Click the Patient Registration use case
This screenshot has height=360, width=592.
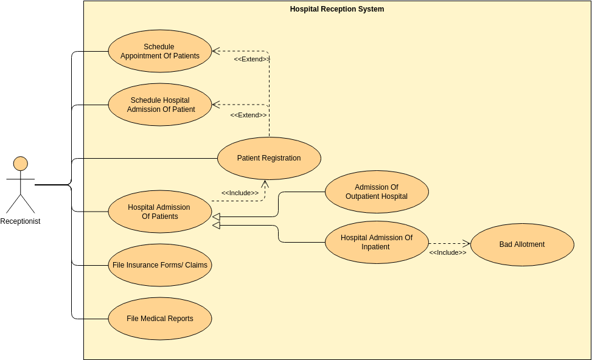269,158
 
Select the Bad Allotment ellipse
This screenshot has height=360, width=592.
522,244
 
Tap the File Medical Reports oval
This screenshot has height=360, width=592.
160,319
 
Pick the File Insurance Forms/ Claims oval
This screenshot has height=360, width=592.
160,265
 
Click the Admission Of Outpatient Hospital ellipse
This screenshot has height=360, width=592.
377,192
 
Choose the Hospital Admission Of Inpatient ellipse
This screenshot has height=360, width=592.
377,242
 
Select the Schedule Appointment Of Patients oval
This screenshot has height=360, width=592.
160,51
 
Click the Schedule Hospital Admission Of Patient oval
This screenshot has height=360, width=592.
160,105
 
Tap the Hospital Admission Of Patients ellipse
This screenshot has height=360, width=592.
160,212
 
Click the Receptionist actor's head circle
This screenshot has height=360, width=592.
21,164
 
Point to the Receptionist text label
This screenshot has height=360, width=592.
20,221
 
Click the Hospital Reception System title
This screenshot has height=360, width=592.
337,9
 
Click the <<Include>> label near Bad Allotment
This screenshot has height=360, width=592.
448,252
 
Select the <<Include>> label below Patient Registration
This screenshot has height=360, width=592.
240,193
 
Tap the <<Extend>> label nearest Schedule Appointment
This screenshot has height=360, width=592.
252,59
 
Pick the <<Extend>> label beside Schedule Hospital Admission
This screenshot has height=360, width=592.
248,115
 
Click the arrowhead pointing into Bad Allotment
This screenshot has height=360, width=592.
467,243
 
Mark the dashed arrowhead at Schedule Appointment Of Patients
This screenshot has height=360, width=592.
215,51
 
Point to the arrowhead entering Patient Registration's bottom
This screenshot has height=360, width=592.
265,183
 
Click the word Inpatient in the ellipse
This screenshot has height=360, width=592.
375,247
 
